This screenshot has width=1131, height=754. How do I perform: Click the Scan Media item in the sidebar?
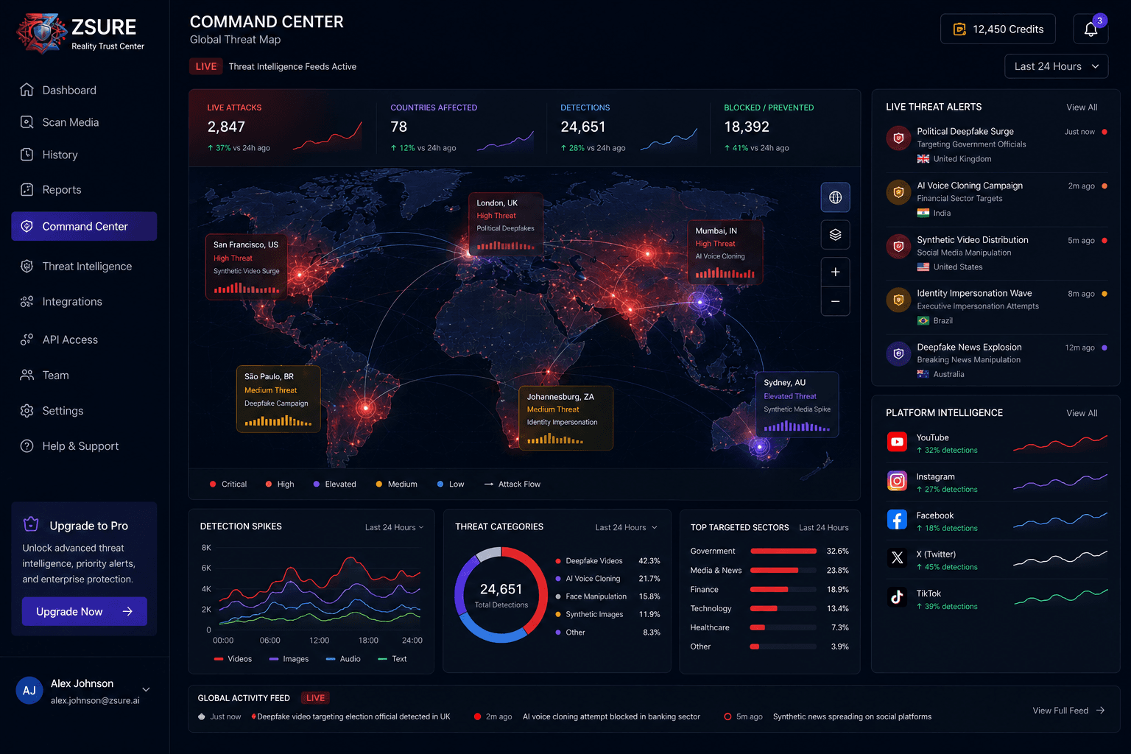click(x=60, y=122)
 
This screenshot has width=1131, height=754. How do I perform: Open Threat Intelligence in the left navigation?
click(x=76, y=266)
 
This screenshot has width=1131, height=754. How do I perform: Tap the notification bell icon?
click(x=1091, y=29)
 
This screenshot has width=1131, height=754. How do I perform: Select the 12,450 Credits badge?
click(x=998, y=29)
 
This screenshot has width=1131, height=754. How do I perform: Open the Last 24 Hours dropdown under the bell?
click(x=1057, y=66)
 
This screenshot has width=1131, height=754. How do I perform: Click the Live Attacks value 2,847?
click(x=226, y=127)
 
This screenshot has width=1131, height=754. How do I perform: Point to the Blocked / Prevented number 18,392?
click(x=746, y=127)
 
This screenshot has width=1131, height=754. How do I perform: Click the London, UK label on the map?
click(x=497, y=203)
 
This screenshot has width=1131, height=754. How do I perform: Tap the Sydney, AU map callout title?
click(x=784, y=383)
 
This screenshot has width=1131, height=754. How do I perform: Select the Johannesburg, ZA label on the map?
click(x=560, y=397)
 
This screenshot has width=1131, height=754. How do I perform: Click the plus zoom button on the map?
click(x=835, y=272)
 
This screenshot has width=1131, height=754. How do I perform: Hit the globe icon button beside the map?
click(x=835, y=197)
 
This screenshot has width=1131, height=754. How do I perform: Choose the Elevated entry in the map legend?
click(x=334, y=484)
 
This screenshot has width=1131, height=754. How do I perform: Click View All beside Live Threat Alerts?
click(x=1082, y=107)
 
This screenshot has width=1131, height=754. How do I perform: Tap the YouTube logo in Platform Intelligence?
click(x=897, y=442)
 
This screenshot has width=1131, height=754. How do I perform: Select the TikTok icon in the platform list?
click(x=897, y=597)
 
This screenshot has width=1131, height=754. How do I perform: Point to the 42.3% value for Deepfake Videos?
click(x=649, y=560)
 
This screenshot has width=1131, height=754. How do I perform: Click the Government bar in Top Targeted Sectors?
click(x=783, y=551)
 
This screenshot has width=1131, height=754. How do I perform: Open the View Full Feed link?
click(x=1068, y=711)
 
